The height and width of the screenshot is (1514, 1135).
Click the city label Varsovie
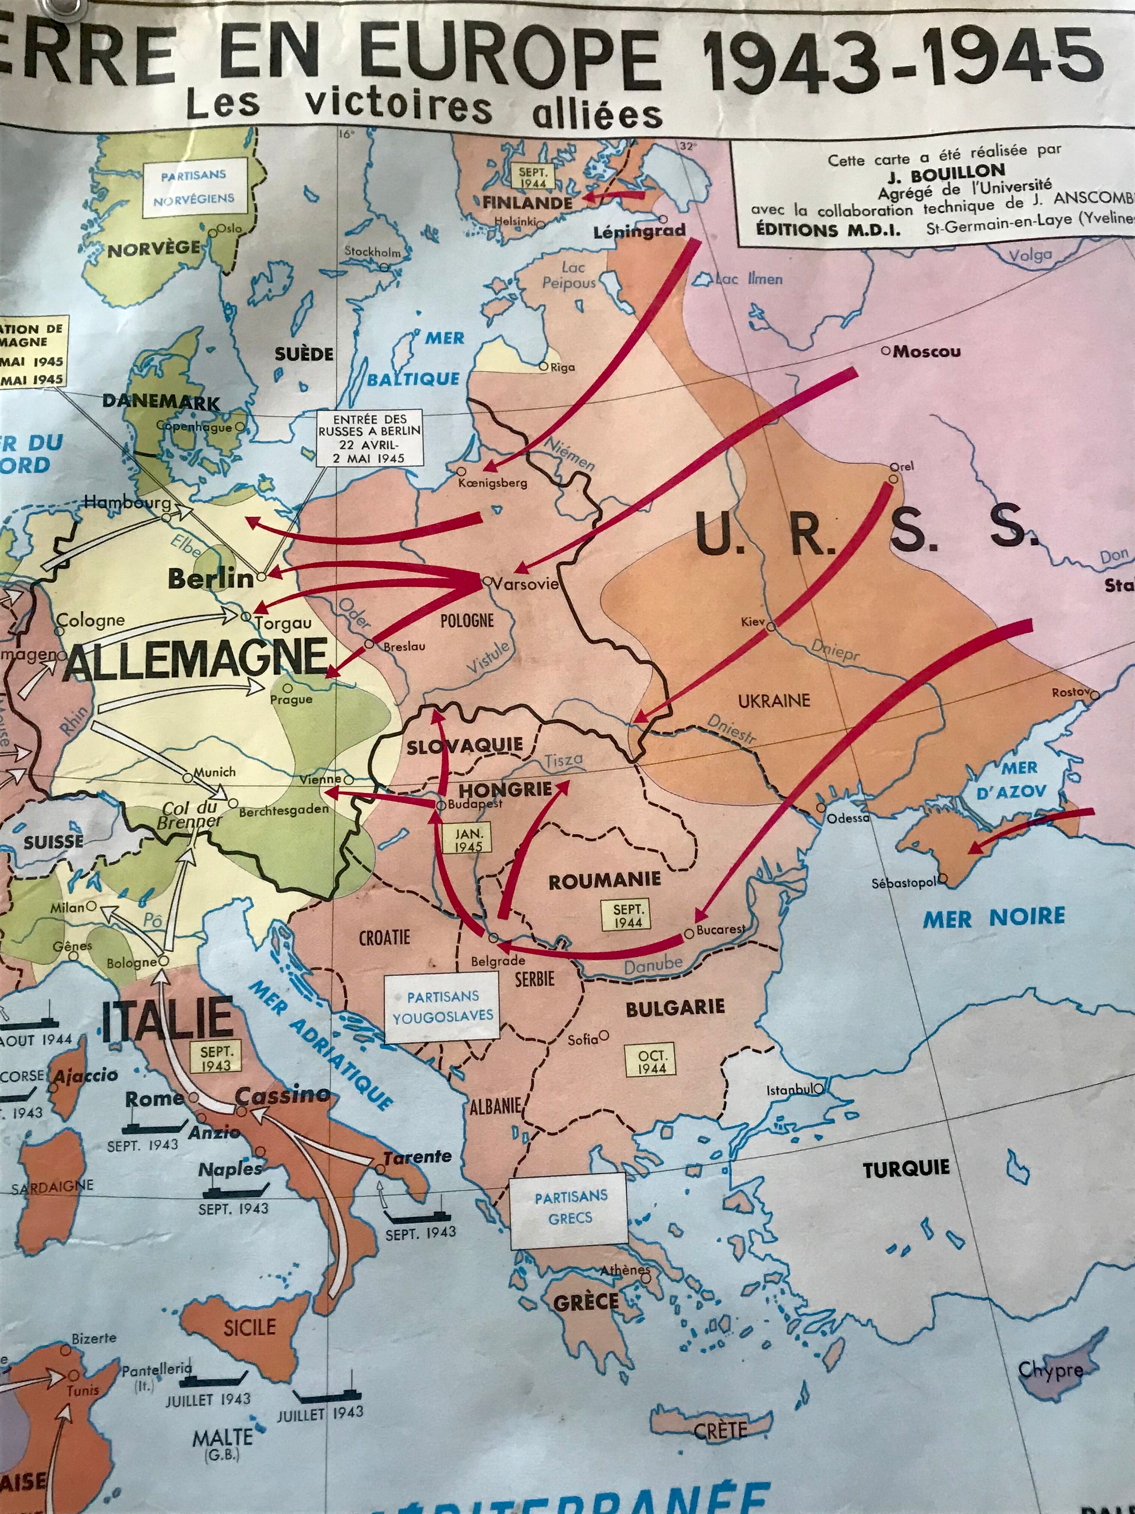point(525,584)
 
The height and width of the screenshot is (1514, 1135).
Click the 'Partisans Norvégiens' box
point(194,186)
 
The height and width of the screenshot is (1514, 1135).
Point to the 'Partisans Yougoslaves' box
point(443,1006)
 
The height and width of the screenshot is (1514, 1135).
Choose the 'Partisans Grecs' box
point(571,1208)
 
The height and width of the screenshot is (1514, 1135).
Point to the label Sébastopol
point(903,883)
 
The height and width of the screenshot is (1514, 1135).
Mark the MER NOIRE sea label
point(994,918)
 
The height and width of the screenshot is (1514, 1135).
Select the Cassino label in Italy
point(282,1096)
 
